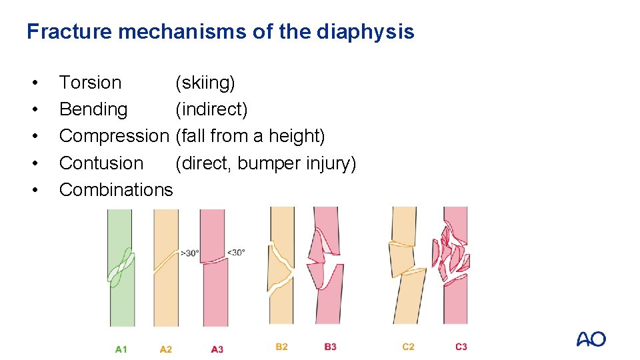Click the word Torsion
click(90, 83)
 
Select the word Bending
click(93, 109)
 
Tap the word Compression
click(114, 136)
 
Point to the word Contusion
click(101, 163)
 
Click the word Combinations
click(116, 189)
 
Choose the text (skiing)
click(205, 83)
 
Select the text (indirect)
click(211, 109)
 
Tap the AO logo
click(591, 339)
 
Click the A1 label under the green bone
click(121, 349)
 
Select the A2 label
click(166, 349)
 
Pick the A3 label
click(217, 349)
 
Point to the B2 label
click(281, 347)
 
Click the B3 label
click(330, 347)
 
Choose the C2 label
click(408, 347)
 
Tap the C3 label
click(461, 347)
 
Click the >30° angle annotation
click(189, 253)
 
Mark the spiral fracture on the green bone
click(121, 267)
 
